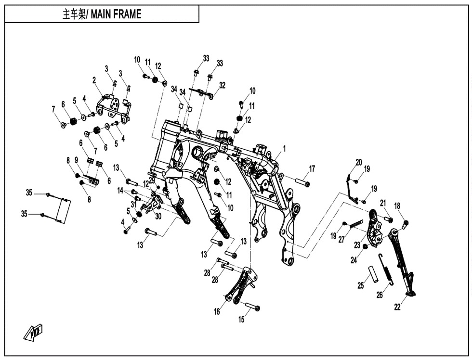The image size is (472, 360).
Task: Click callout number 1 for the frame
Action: pyautogui.click(x=284, y=149)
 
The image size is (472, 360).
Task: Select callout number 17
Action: pyautogui.click(x=312, y=168)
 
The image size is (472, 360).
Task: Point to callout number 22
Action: pyautogui.click(x=397, y=308)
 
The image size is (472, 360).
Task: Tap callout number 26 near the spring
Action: pyautogui.click(x=380, y=295)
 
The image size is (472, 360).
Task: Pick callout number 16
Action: pyautogui.click(x=217, y=312)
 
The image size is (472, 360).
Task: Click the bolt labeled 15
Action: pyautogui.click(x=253, y=307)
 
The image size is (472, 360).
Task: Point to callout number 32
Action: pyautogui.click(x=222, y=85)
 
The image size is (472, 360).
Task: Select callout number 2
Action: pyautogui.click(x=94, y=80)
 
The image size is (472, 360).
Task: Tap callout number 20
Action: pyautogui.click(x=359, y=162)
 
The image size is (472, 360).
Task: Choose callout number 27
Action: pyautogui.click(x=341, y=240)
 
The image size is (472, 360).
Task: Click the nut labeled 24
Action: pyautogui.click(x=365, y=247)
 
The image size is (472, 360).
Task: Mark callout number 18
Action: pyautogui.click(x=397, y=206)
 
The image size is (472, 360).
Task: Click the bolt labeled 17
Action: pyautogui.click(x=301, y=182)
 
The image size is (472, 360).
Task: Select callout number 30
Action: pyautogui.click(x=158, y=216)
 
